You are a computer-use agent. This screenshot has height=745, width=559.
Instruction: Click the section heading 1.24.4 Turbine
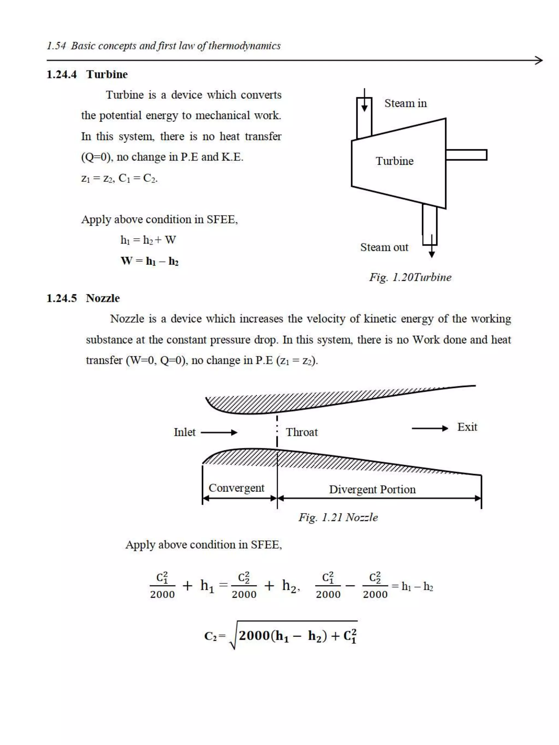point(87,74)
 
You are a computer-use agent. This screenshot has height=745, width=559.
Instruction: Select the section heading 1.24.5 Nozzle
point(83,298)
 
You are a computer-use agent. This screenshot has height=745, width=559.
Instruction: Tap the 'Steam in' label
point(405,103)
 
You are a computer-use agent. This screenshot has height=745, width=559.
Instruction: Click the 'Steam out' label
point(384,247)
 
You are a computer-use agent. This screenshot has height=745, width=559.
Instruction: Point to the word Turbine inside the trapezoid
point(394,161)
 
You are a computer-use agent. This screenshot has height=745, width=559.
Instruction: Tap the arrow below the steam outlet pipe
point(431,253)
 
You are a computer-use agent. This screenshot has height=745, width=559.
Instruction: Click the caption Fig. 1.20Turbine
point(410,277)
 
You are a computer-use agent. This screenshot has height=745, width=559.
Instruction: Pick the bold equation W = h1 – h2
point(149,261)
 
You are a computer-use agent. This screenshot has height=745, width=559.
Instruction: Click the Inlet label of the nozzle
point(184,432)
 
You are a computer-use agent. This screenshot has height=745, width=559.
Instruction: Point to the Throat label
point(302,432)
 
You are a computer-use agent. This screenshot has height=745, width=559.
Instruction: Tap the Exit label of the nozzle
point(467,427)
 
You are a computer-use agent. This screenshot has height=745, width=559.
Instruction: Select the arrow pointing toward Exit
point(430,428)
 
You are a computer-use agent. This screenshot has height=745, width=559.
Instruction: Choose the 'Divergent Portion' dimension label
point(372,489)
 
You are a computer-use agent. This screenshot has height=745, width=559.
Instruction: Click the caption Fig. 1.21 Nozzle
point(338,517)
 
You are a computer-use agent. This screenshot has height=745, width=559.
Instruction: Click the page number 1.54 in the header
point(56,46)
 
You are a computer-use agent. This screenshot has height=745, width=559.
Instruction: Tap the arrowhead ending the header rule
point(539,61)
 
